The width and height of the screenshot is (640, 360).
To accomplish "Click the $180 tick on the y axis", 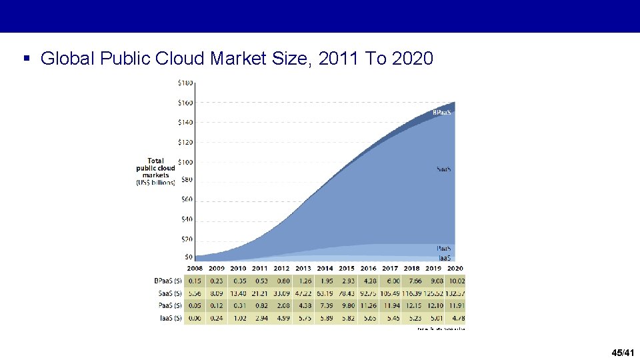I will (185, 83).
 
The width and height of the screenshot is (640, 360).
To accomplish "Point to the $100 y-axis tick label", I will (185, 162).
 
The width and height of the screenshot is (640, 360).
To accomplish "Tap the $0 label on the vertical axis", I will (189, 257).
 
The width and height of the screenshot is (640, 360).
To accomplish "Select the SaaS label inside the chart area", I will (444, 169).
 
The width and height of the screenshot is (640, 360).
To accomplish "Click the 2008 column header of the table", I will (195, 269).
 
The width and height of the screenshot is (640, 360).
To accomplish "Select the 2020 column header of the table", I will (455, 269).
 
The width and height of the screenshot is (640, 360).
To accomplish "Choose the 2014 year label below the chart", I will (325, 269).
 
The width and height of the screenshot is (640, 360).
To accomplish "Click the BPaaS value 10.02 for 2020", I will (456, 281).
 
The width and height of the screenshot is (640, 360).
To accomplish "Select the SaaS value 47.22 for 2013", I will (303, 293).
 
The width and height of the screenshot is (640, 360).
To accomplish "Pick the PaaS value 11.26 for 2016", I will (369, 306).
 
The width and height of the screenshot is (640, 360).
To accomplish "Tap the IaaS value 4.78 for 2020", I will (456, 318).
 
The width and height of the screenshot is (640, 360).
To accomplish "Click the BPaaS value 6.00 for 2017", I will (390, 281).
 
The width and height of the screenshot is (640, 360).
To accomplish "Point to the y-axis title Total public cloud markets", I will (156, 171).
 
